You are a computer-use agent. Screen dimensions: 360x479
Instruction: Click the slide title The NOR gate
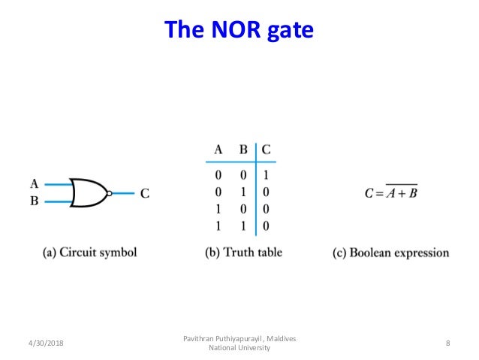tap(239, 31)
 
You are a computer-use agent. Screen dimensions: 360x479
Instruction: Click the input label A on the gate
tap(35, 183)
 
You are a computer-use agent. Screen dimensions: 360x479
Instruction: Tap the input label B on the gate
tap(35, 201)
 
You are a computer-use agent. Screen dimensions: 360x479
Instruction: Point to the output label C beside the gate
tap(145, 193)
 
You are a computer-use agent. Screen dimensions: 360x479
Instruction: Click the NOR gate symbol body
tap(88, 192)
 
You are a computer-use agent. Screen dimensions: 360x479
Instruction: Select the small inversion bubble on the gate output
tap(110, 193)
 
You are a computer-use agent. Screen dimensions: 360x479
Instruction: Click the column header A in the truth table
tap(218, 149)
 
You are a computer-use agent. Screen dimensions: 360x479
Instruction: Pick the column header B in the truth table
tap(243, 149)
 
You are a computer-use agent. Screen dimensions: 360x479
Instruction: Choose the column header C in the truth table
tap(267, 149)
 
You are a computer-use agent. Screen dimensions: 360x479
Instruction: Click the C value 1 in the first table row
tap(267, 175)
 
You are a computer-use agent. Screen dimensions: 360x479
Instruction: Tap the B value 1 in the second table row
tap(243, 192)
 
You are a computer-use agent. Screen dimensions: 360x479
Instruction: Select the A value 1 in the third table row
tap(218, 208)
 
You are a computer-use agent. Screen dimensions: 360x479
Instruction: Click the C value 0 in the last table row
tap(267, 225)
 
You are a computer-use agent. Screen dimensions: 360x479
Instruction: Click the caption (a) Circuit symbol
tap(89, 253)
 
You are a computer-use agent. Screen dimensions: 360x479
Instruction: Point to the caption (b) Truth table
tap(244, 253)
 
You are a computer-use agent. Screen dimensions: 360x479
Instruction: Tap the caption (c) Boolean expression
tap(390, 253)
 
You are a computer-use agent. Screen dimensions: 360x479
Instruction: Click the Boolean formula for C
tap(390, 192)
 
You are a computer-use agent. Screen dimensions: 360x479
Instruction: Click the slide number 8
tap(447, 343)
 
